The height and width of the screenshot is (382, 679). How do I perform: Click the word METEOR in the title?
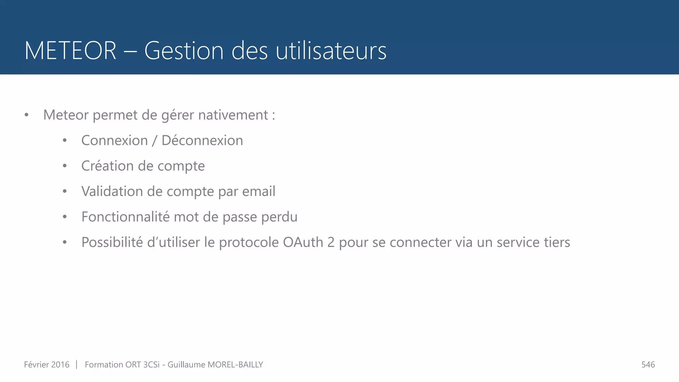coord(70,51)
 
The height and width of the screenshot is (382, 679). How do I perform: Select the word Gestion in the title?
coord(184,51)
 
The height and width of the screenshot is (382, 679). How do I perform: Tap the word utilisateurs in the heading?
coord(331,51)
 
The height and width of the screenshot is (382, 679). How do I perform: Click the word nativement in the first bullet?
coord(233,115)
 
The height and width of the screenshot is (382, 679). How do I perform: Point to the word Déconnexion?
coord(202,141)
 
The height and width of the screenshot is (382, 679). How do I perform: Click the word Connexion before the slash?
coord(114,141)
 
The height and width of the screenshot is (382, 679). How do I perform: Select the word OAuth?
coord(303,242)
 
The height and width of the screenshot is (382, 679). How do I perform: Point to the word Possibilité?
coord(112,242)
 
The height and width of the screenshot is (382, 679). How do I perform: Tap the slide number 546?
coord(648,365)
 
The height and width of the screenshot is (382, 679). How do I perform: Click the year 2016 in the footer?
coord(60,365)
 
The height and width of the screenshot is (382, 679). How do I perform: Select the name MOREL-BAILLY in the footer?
coord(235,365)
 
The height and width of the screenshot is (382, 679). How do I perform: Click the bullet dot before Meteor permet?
coord(27,115)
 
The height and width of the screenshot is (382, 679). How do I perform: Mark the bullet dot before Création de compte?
coord(65,166)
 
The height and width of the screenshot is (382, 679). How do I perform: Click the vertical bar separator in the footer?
coord(77,365)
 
